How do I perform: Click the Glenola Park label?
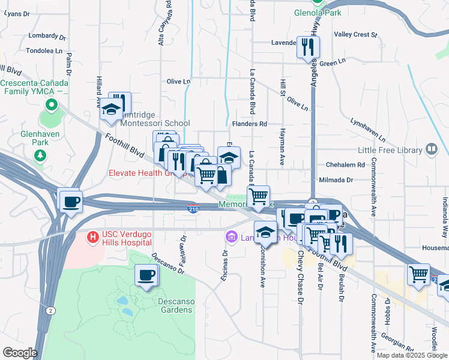(x=318, y=12)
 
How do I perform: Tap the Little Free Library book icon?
(x=431, y=149)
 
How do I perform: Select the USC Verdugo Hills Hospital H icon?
(x=92, y=237)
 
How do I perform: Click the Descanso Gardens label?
(x=175, y=305)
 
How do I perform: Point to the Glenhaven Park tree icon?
(x=40, y=155)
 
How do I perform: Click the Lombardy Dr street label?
(x=41, y=35)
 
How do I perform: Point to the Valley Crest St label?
(x=355, y=34)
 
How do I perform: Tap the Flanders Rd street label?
(x=249, y=124)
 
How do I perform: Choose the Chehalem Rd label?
(x=345, y=164)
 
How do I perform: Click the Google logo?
(x=19, y=353)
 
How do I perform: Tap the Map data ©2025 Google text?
(x=412, y=355)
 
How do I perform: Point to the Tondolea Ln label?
(x=41, y=51)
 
